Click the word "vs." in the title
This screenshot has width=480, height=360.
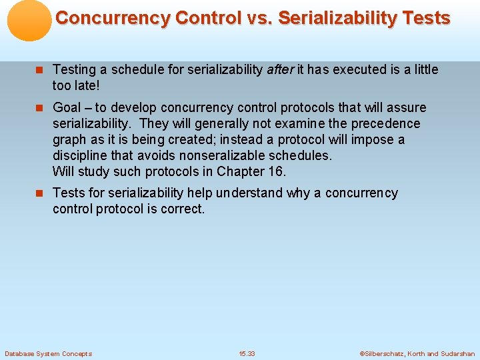[258, 18]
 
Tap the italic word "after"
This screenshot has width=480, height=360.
[279, 69]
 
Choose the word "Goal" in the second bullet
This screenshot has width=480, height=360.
[67, 107]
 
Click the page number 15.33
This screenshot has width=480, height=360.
[247, 353]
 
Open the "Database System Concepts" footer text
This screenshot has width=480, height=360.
[48, 353]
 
